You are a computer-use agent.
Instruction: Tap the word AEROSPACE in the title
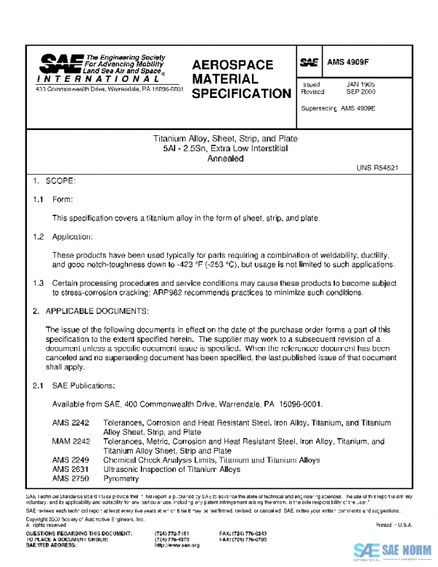pos(233,65)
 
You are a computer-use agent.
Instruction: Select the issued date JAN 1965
pos(360,85)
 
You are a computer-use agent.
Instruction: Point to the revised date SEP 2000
pos(360,93)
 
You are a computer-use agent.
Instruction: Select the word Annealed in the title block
pos(225,159)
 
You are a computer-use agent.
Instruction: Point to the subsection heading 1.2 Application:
pos(63,237)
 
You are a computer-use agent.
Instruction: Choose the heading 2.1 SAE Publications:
pos(74,385)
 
